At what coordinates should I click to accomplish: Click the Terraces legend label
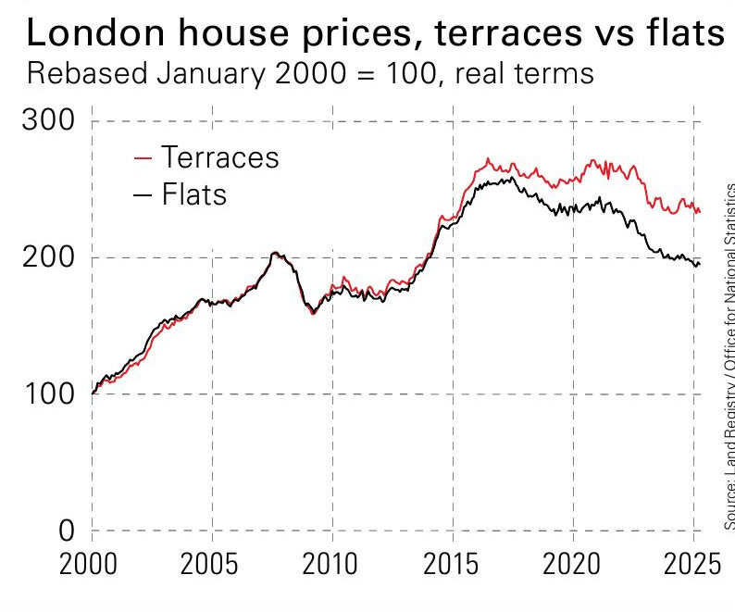[219, 156]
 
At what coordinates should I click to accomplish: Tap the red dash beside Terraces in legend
[143, 157]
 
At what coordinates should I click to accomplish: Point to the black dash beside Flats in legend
[143, 195]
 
